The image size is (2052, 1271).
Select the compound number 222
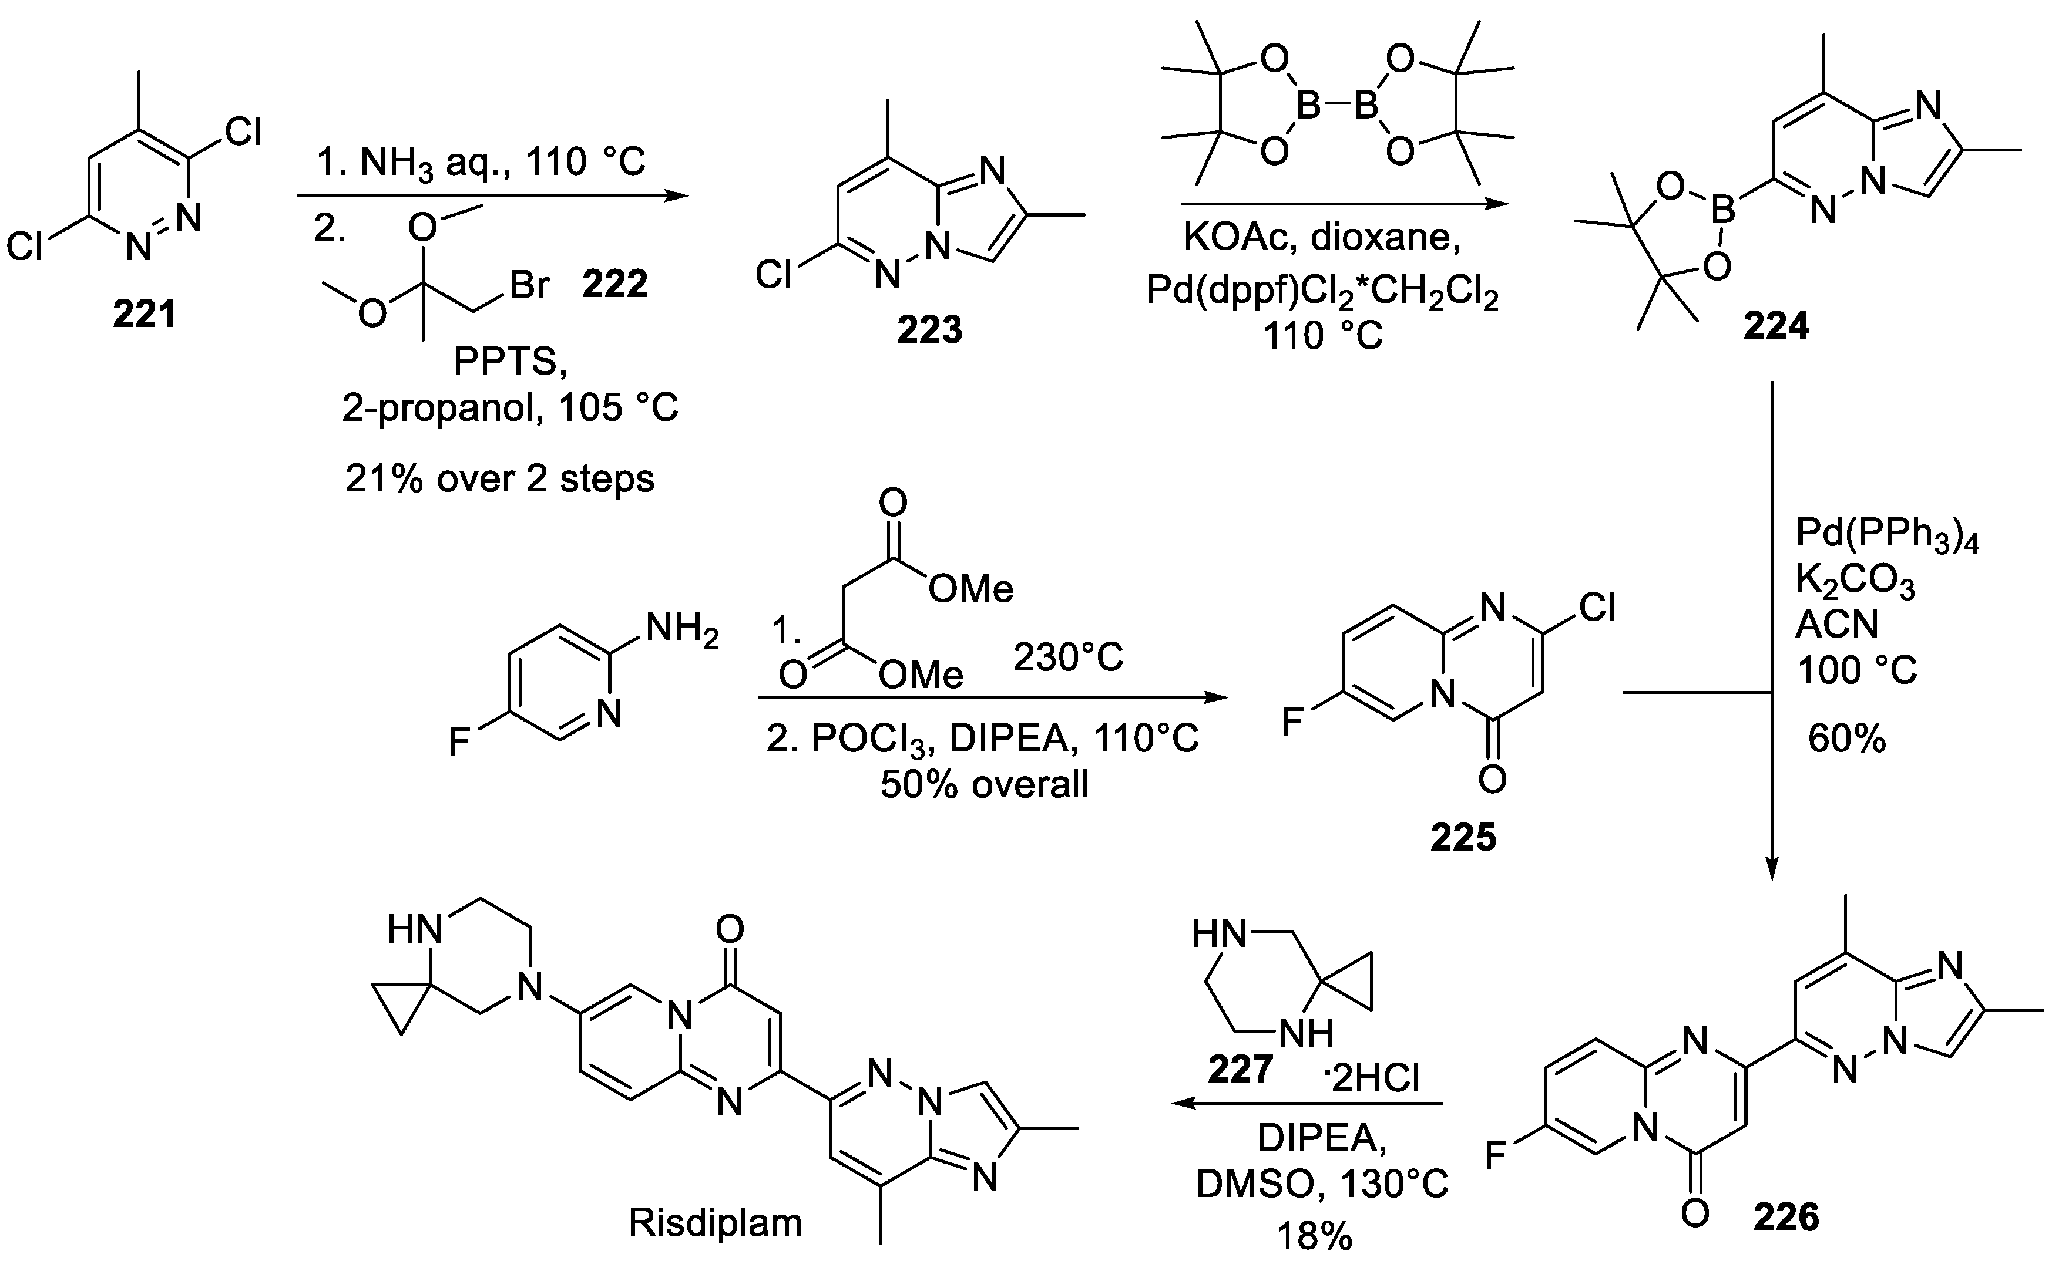[x=614, y=284]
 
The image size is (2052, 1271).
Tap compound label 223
[x=929, y=331]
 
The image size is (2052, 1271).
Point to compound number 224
[x=1775, y=325]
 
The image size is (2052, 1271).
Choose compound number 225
[x=1463, y=837]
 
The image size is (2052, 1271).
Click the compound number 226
[x=1786, y=1217]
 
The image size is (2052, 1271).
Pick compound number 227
[x=1241, y=1069]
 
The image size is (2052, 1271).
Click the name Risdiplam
[x=715, y=1223]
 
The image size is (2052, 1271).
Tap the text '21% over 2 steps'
[x=499, y=479]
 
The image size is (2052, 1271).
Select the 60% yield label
[x=1847, y=739]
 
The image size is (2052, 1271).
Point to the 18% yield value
[x=1315, y=1236]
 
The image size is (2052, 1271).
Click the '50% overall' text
[x=984, y=784]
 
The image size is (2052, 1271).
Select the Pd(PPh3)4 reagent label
[x=1886, y=535]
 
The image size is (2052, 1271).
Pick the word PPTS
[x=511, y=362]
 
